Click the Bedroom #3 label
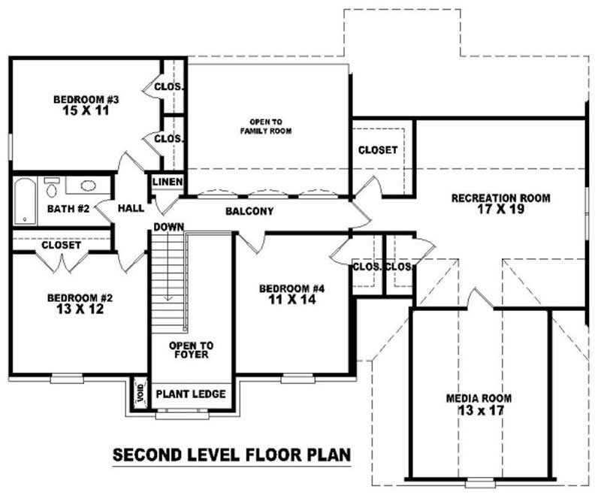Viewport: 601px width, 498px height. pos(86,99)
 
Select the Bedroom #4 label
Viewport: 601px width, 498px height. pos(291,289)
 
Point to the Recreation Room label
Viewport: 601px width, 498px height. pos(500,198)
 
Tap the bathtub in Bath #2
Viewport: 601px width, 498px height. pos(25,201)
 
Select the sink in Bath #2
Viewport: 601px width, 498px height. pos(88,186)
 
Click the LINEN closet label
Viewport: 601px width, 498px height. pos(168,183)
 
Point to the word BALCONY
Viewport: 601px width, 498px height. pos(249,212)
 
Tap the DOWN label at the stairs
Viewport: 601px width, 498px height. pos(170,227)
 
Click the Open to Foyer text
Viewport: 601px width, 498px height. pos(191,350)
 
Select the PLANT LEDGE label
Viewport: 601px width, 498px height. pos(190,394)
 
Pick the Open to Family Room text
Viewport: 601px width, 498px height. pos(266,126)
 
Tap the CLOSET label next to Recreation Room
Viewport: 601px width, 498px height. pos(378,150)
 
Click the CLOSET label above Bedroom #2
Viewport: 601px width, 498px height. pos(62,245)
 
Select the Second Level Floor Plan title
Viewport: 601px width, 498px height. pos(232,456)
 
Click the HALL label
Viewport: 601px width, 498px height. pos(131,207)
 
